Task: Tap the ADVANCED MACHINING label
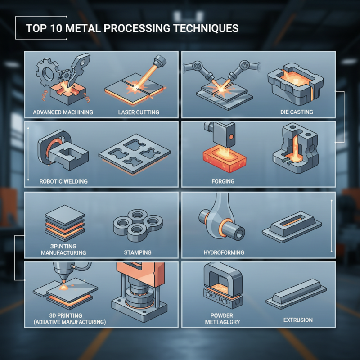[63, 112]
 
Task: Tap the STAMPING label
[137, 252]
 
